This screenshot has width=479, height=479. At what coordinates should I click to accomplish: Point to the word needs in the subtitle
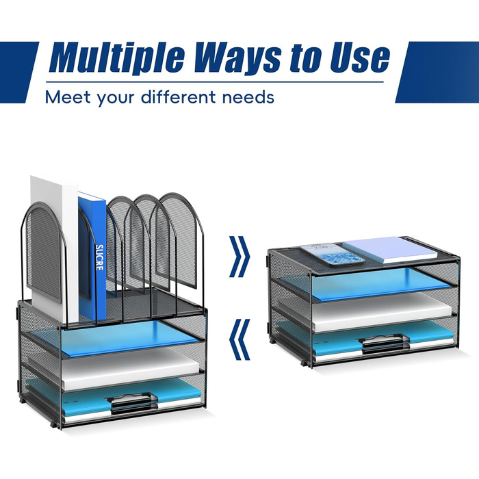248,98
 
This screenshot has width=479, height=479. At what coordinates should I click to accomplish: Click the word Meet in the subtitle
68,97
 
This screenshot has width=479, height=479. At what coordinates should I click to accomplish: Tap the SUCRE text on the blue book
99,257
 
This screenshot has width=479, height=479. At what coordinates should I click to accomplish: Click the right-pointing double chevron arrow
239,257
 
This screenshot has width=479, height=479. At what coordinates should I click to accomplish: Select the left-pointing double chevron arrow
239,339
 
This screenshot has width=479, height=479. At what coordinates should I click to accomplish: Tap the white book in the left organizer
53,248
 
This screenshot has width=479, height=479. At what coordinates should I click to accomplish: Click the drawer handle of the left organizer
131,403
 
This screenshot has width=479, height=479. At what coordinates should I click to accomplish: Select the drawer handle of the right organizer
385,345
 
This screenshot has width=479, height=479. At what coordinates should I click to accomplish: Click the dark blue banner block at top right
437,72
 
